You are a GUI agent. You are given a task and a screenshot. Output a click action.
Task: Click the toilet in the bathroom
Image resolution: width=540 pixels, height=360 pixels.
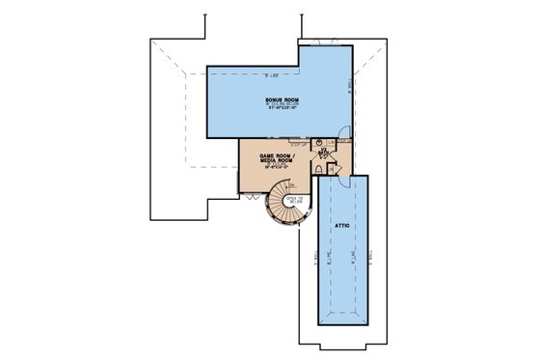tap(318, 168)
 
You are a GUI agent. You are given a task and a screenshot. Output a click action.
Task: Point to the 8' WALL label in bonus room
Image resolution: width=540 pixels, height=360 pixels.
tap(349, 92)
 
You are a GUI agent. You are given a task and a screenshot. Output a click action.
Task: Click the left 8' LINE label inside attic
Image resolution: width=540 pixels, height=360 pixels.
tap(329, 256)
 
